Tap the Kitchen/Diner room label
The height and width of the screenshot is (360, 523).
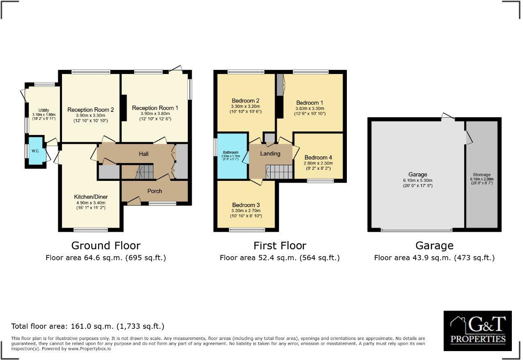pyautogui.click(x=91, y=197)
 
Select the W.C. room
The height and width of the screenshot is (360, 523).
pyautogui.click(x=35, y=151)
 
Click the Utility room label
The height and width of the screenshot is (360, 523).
pyautogui.click(x=43, y=110)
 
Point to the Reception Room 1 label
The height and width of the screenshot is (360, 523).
pyautogui.click(x=155, y=108)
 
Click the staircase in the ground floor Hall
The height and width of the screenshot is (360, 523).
pyautogui.click(x=144, y=171)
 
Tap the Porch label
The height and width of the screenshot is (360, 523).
pyautogui.click(x=155, y=191)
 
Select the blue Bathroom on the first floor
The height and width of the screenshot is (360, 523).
pyautogui.click(x=231, y=156)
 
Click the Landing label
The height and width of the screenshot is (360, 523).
pyautogui.click(x=270, y=154)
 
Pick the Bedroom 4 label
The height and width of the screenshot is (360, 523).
pyautogui.click(x=318, y=158)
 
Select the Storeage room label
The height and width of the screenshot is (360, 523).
pyautogui.click(x=481, y=175)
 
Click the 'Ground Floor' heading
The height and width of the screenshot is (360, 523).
pyautogui.click(x=106, y=245)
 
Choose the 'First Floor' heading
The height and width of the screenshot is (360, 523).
pyautogui.click(x=280, y=245)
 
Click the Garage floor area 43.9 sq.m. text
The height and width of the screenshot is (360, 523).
pyautogui.click(x=434, y=258)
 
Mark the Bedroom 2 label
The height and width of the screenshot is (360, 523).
pyautogui.click(x=245, y=100)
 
